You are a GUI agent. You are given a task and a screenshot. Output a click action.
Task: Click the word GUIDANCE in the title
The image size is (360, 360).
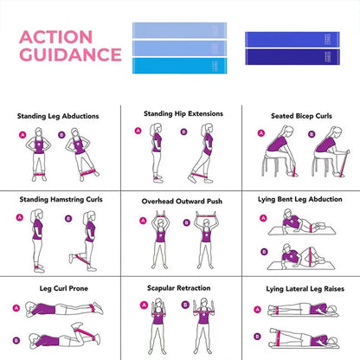coord(69,55)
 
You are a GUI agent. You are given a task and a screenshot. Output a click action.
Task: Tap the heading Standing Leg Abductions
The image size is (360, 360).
coord(58,116)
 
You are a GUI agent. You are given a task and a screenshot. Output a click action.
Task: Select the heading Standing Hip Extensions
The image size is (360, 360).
coord(183,113)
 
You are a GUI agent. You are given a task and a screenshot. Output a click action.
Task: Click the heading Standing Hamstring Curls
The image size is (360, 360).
coord(61,199)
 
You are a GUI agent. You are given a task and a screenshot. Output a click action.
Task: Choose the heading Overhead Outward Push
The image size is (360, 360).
coord(182,201)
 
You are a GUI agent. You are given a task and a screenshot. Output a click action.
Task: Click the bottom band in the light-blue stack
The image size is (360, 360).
coord(178,65)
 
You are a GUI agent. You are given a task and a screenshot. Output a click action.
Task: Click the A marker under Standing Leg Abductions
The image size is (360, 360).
coord(22,135)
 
